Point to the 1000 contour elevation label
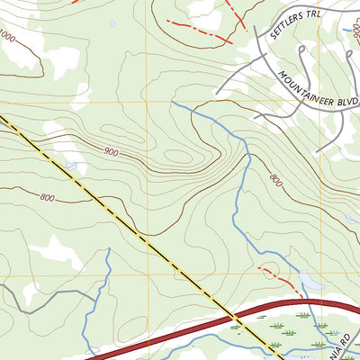[x=7, y=37]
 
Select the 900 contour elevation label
[x=111, y=152]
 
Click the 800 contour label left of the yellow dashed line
[x=47, y=197]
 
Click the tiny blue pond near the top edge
[x=112, y=22]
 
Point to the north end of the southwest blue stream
[x=108, y=250]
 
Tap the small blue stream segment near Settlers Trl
[x=347, y=31]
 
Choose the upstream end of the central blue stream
[x=172, y=103]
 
